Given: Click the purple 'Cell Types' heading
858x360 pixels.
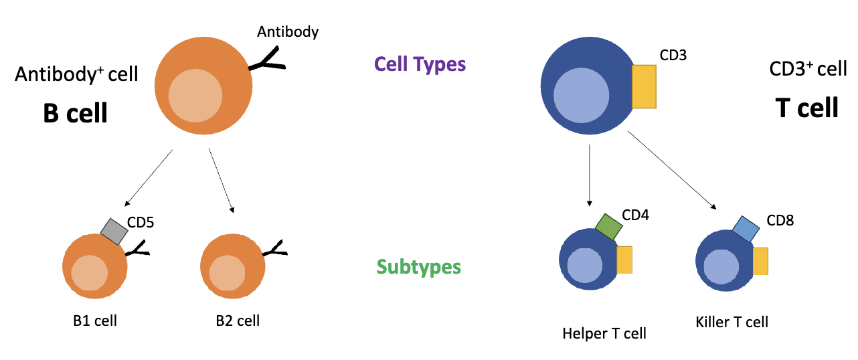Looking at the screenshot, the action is (x=420, y=64).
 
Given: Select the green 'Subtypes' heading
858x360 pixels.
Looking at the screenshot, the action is (x=419, y=267).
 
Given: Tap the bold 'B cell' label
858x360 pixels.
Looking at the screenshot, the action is (x=75, y=113).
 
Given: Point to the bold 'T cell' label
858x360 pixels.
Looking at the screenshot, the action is (x=806, y=108).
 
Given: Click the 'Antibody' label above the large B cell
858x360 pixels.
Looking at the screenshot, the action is (x=288, y=32).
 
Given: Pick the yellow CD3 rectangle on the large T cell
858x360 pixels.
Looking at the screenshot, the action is (x=644, y=86).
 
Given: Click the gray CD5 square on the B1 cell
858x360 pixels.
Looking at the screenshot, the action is (x=114, y=232).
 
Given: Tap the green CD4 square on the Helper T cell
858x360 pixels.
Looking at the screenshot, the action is (x=608, y=227).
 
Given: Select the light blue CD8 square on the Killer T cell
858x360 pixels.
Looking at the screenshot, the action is (x=746, y=229).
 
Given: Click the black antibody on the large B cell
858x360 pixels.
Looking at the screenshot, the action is (x=267, y=60).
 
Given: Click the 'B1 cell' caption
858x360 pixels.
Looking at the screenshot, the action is (x=95, y=321).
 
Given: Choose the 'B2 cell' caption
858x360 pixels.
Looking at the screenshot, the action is (x=238, y=321).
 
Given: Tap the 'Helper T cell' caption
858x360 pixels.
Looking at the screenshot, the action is (x=604, y=333).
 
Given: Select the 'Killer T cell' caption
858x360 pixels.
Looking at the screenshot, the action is (x=732, y=322).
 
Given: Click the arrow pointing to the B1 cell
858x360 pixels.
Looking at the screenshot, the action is (x=149, y=178).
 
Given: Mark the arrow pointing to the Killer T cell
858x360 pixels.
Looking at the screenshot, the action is (x=672, y=170).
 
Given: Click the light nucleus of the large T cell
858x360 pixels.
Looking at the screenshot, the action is (x=581, y=96).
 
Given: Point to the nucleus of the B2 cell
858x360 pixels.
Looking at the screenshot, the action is (x=227, y=273).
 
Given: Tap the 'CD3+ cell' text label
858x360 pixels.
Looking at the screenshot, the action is (x=808, y=69).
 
